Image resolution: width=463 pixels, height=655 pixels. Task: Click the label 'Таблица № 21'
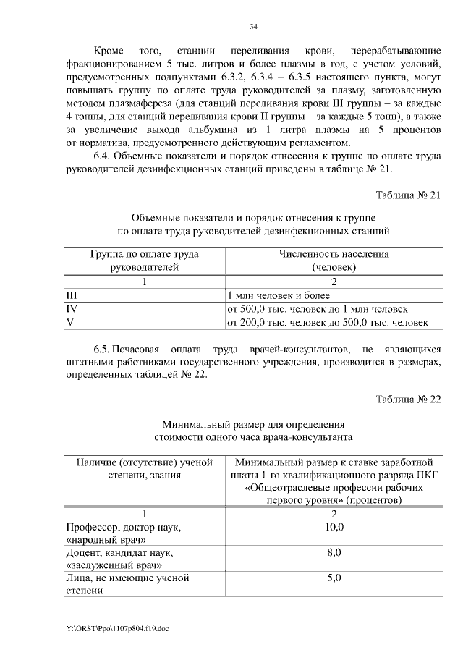click(x=408, y=195)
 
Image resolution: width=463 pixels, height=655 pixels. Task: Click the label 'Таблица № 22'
click(x=408, y=399)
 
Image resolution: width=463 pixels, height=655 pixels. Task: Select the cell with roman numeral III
click(x=71, y=295)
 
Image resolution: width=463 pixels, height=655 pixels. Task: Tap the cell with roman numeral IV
click(x=71, y=308)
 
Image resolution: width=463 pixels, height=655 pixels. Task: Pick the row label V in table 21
click(x=69, y=321)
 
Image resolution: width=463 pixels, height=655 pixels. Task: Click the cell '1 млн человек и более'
click(x=279, y=295)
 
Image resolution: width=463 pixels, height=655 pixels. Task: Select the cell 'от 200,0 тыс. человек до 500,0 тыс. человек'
click(x=328, y=321)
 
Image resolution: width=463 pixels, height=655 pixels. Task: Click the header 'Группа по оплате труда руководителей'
click(x=145, y=261)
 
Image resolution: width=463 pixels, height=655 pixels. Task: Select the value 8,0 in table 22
click(x=334, y=553)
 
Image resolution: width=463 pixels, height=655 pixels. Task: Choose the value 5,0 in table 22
click(x=334, y=578)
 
